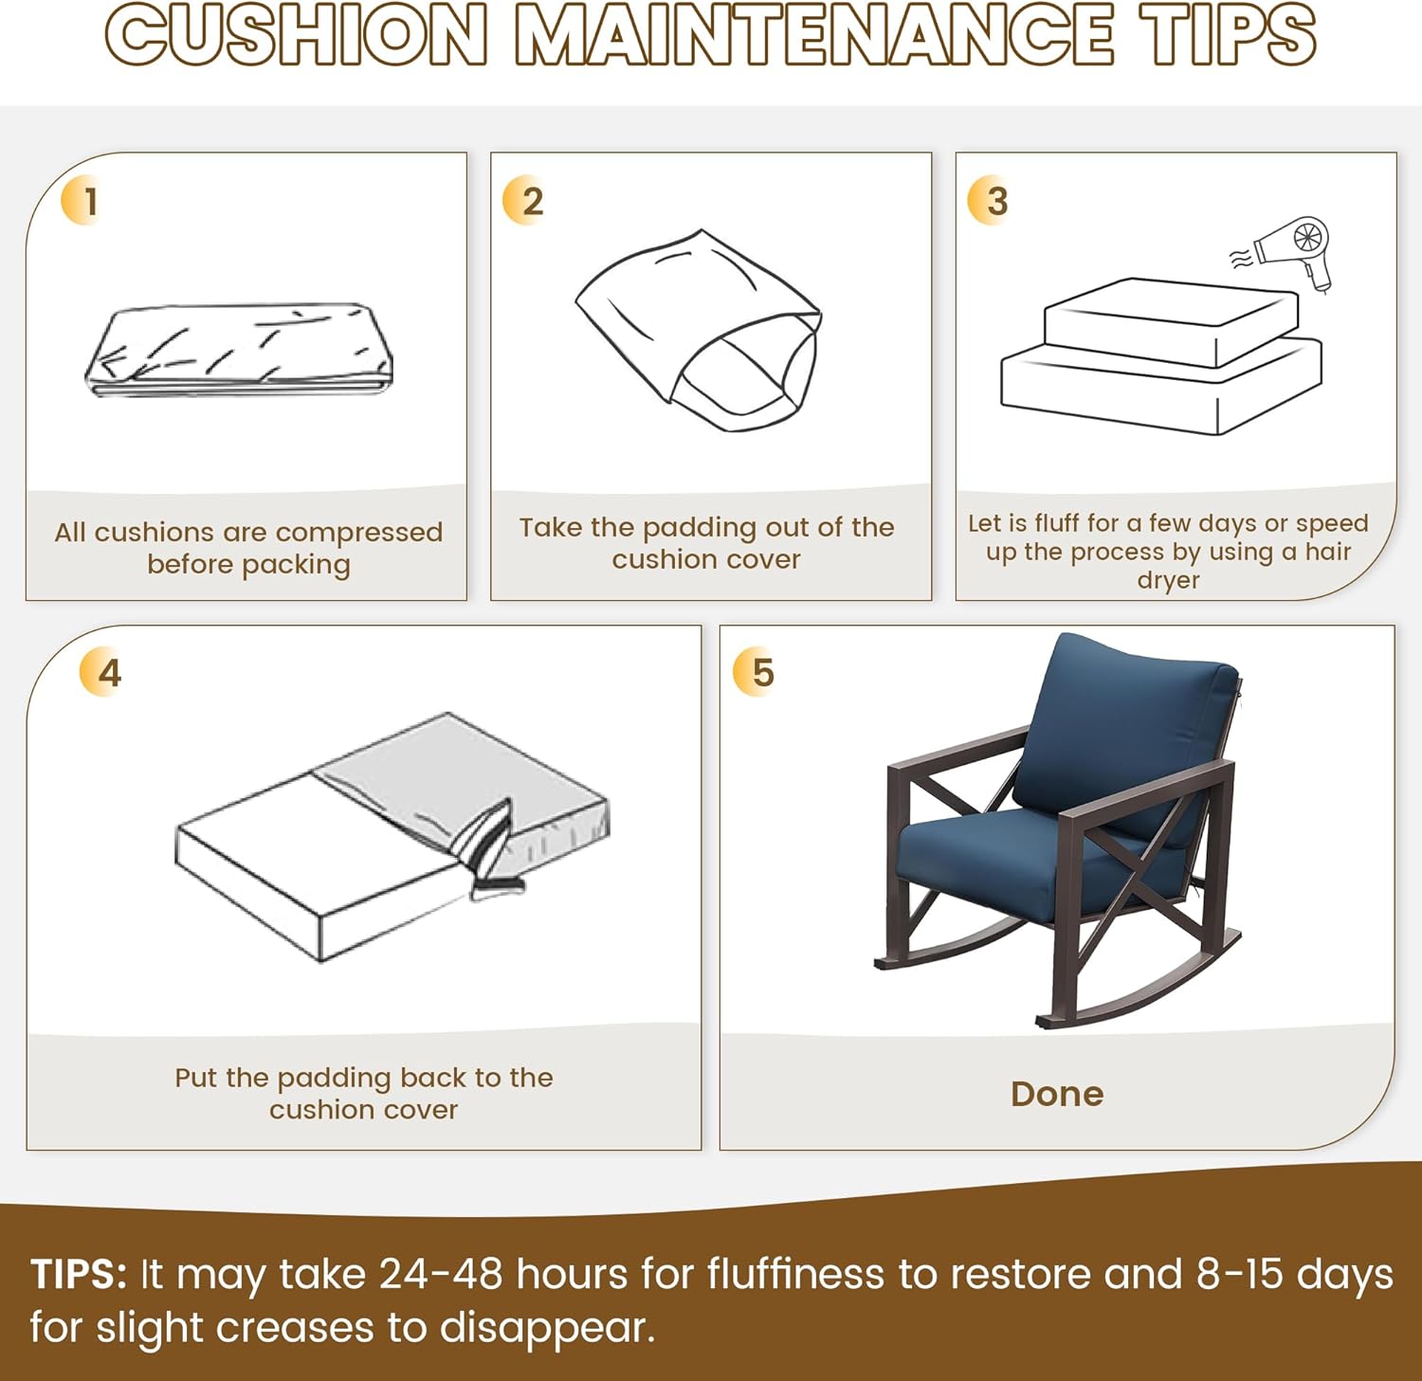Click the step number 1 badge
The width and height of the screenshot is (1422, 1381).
click(82, 201)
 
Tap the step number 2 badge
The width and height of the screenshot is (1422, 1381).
click(524, 201)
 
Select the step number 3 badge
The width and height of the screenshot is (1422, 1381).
click(989, 201)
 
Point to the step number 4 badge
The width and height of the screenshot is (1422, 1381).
click(101, 673)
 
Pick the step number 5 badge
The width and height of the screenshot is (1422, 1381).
click(756, 673)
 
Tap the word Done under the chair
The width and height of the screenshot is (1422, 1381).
click(1057, 1094)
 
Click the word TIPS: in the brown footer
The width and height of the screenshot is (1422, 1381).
click(79, 1274)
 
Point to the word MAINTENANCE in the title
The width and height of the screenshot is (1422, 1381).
click(814, 35)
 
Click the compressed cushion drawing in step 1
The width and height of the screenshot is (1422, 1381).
click(239, 350)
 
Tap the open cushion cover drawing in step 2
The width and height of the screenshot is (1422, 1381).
click(699, 330)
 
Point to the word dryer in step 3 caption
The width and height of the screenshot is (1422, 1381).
click(1168, 580)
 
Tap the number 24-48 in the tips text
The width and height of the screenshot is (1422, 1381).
click(441, 1274)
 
